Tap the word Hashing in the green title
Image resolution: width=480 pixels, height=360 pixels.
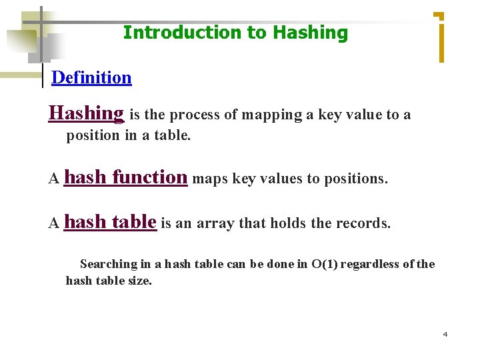311,33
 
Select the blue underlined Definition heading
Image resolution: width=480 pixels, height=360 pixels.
91,77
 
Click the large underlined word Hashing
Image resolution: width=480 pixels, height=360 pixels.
86,113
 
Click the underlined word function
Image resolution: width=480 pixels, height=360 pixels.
150,177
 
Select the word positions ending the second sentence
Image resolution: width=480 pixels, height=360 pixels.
355,179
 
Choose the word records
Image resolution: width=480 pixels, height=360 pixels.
365,223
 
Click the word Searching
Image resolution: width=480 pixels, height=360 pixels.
108,264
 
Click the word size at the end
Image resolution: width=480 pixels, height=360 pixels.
141,281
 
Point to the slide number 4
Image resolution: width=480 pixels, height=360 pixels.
445,334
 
